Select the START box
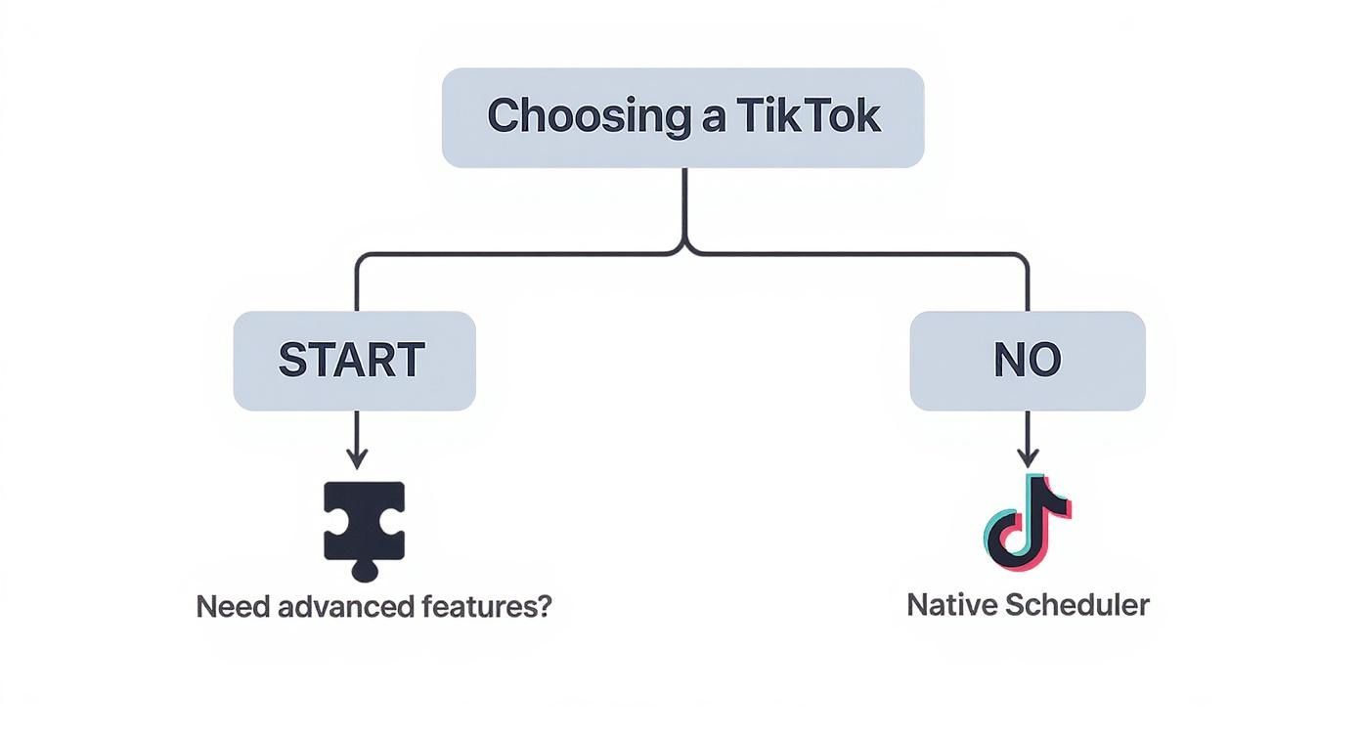pyautogui.click(x=354, y=361)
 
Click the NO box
pyautogui.click(x=1027, y=361)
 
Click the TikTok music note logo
pyautogui.click(x=1027, y=522)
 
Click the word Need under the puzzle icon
pyautogui.click(x=233, y=607)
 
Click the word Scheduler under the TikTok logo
pyautogui.click(x=1077, y=605)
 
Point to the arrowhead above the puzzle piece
pyautogui.click(x=356, y=459)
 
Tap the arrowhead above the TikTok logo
pyautogui.click(x=1027, y=457)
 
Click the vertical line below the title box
pyautogui.click(x=684, y=205)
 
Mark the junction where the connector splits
pyautogui.click(x=684, y=250)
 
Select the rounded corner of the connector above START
pyautogui.click(x=361, y=260)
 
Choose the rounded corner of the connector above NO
pyautogui.click(x=1022, y=260)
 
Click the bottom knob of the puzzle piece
pyautogui.click(x=364, y=570)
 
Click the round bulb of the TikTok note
pyautogui.click(x=1007, y=540)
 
